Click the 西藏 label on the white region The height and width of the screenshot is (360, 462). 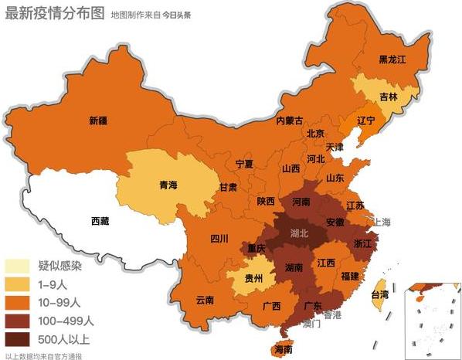pyautogui.click(x=100, y=221)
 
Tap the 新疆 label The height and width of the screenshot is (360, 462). pyautogui.click(x=98, y=120)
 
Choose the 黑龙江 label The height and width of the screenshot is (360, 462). pyautogui.click(x=392, y=59)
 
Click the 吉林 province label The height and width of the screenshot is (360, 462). pyautogui.click(x=389, y=97)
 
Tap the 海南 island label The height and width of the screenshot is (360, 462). pyautogui.click(x=283, y=348)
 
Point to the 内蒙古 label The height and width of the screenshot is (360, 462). pyautogui.click(x=290, y=120)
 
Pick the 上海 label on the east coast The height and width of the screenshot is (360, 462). pyautogui.click(x=382, y=222)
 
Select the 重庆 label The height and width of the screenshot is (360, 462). pyautogui.click(x=256, y=248)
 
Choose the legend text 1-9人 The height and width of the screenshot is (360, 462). pyautogui.click(x=55, y=284)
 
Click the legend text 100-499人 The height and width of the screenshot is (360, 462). pyautogui.click(x=66, y=321)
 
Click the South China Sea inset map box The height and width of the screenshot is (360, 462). pyautogui.click(x=436, y=310)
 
